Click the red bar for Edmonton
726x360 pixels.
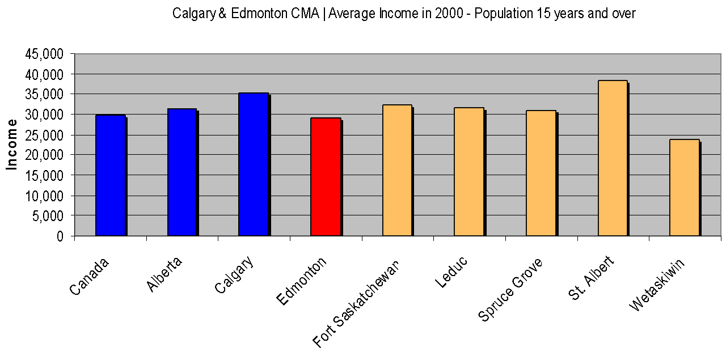pos(326,177)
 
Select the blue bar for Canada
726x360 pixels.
pos(110,175)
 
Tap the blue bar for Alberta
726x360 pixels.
pos(182,172)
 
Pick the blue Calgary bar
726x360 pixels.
pos(254,164)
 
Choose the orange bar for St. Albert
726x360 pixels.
pos(613,158)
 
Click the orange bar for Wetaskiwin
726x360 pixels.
pos(684,188)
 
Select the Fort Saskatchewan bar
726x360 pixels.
pos(397,170)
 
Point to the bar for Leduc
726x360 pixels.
pos(469,172)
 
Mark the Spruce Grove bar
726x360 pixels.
pos(541,173)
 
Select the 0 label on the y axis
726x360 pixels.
pos(61,236)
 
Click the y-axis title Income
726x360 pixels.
pos(11,144)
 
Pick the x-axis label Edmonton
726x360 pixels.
pos(302,281)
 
